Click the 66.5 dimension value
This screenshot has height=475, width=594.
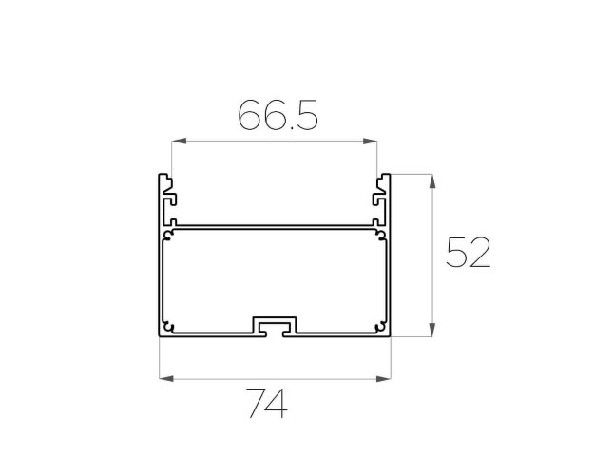[x=278, y=115]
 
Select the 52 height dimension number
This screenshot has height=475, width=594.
[x=469, y=253]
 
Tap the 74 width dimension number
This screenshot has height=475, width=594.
[x=267, y=403]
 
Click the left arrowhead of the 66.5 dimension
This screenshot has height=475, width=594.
[x=179, y=142]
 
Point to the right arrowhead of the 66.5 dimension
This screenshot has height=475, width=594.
[x=370, y=142]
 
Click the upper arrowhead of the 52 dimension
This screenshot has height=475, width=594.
[x=432, y=181]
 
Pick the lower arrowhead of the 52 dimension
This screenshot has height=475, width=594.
[x=432, y=329]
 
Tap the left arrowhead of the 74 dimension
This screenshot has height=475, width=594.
[x=166, y=378]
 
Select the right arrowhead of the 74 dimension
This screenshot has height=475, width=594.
[x=383, y=378]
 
